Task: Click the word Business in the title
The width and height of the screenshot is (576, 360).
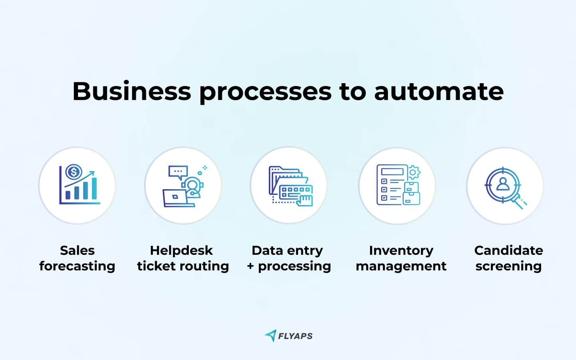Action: (x=131, y=91)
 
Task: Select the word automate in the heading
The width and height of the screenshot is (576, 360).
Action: (x=439, y=91)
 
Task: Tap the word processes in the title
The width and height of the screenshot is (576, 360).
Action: (x=265, y=92)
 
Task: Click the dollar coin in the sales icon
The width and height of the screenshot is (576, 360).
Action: (x=74, y=172)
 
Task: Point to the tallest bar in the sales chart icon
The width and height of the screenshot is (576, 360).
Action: (x=94, y=188)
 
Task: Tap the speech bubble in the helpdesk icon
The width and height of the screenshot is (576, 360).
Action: (x=178, y=172)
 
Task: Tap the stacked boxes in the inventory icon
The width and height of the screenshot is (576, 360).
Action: (x=411, y=193)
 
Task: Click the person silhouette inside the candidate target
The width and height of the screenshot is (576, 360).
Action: (x=503, y=184)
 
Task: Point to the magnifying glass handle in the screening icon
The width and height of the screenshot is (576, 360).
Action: (x=520, y=204)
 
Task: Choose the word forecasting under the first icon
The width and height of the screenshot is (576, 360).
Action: (x=77, y=266)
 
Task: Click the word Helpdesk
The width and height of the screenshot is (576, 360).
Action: (x=181, y=250)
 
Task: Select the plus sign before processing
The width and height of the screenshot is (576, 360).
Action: (x=250, y=266)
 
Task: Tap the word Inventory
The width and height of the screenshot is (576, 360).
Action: (x=401, y=250)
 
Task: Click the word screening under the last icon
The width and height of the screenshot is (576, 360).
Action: (x=508, y=266)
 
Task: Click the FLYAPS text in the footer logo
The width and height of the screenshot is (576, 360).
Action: (x=295, y=336)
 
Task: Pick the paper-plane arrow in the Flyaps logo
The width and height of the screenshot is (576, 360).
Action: (x=271, y=335)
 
